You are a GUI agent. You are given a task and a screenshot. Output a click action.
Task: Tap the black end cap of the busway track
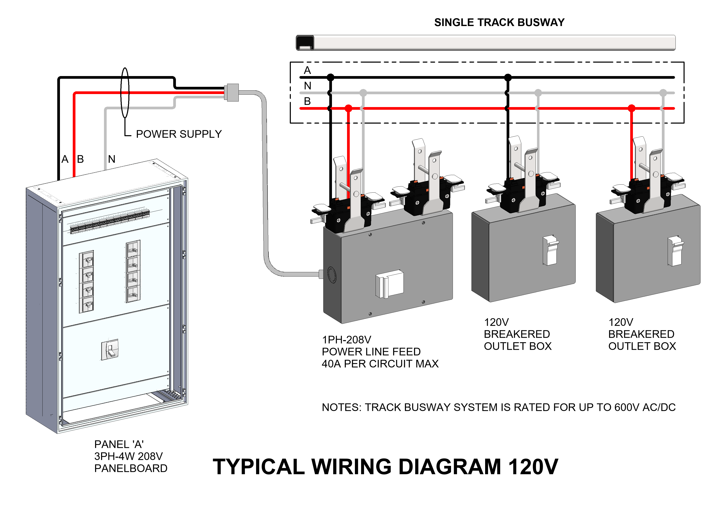pos(305,43)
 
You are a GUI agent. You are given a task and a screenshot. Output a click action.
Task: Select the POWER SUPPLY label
pos(179,134)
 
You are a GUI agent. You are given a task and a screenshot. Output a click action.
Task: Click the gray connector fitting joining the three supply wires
pos(232,93)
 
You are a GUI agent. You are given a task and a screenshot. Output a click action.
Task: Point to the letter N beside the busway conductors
pos(308,86)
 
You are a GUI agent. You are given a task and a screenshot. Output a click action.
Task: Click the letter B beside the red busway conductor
pos(307,101)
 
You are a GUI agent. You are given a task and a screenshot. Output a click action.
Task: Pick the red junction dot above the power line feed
pos(348,108)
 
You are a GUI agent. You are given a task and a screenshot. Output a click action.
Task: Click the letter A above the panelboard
pos(65,159)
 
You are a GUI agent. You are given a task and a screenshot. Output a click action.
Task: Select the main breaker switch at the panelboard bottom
pos(110,350)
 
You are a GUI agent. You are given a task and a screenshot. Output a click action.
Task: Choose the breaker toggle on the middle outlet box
pos(550,250)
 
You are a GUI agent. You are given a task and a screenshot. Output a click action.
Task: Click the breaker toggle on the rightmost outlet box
pos(675,251)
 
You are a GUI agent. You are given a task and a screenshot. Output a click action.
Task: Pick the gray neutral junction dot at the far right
pos(663,93)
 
